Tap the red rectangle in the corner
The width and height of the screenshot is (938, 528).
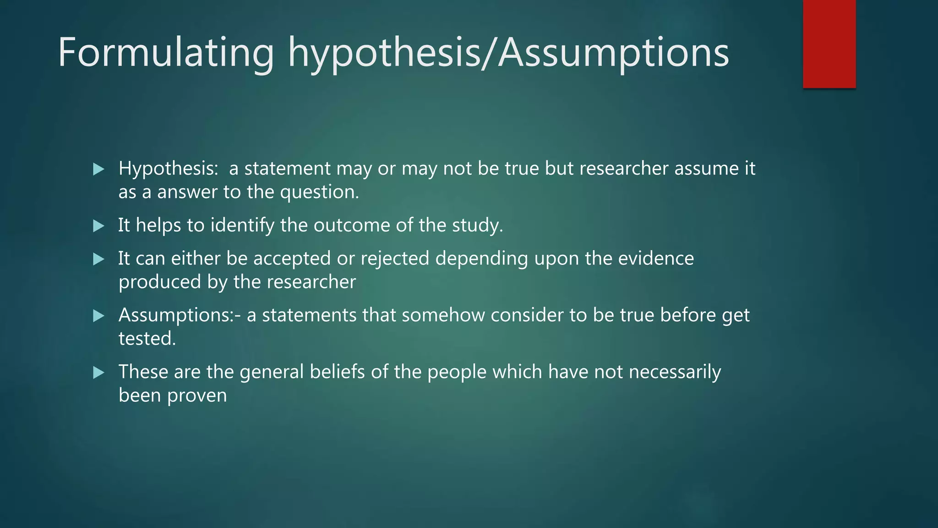(x=829, y=44)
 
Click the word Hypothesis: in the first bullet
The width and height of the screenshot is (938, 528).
(x=168, y=169)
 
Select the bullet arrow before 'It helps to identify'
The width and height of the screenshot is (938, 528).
(x=98, y=226)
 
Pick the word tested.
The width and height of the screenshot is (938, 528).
(x=147, y=339)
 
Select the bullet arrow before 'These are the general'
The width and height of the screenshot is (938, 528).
(x=98, y=373)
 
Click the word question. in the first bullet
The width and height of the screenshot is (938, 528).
(x=319, y=192)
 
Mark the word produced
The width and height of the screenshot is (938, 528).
(x=159, y=282)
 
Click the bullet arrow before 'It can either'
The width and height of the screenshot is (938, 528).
(x=98, y=259)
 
